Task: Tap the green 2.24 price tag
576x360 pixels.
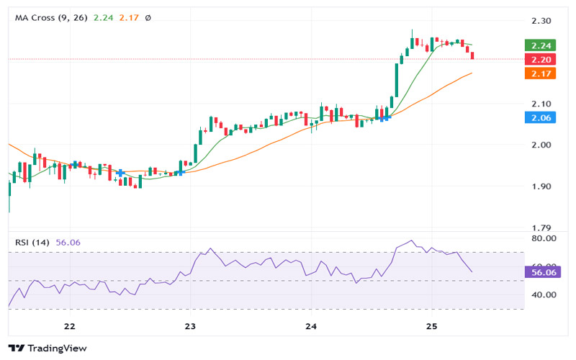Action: coord(540,45)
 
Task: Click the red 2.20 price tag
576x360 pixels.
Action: coord(540,59)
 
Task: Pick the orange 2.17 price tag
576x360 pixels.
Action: coord(540,73)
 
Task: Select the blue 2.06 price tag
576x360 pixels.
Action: coord(540,117)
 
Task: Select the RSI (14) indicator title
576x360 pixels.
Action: coord(32,243)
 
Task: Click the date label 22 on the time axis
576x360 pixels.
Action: coord(69,326)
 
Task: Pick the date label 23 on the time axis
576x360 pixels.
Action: coord(189,326)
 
